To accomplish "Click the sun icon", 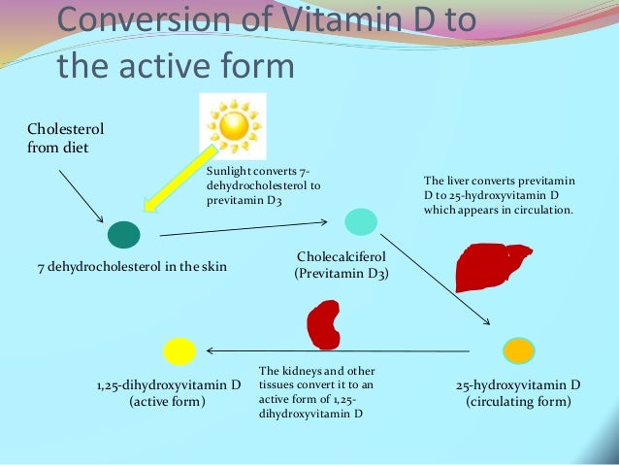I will (234, 125).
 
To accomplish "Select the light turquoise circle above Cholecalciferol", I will (360, 222).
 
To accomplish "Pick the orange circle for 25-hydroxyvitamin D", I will (517, 349).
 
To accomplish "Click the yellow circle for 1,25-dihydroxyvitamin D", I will (179, 349).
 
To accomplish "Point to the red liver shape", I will (491, 267).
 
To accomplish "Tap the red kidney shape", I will (323, 324).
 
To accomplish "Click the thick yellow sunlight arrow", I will (181, 180).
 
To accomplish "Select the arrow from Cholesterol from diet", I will (81, 195).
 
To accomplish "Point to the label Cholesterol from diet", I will (65, 138).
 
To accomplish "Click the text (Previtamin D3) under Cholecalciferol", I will (341, 274).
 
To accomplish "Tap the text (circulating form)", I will (518, 401).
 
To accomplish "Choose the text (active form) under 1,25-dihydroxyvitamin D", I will (168, 401).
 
